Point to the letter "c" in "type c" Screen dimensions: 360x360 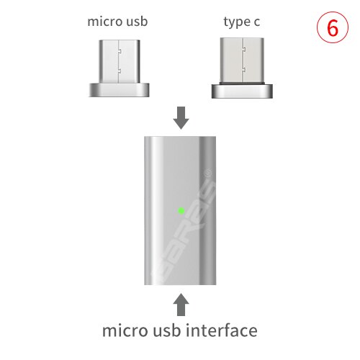256,22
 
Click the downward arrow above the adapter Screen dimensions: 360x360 181,117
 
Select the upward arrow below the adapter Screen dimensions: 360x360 181,302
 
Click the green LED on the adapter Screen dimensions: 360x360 181,211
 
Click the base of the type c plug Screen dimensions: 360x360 241,91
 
